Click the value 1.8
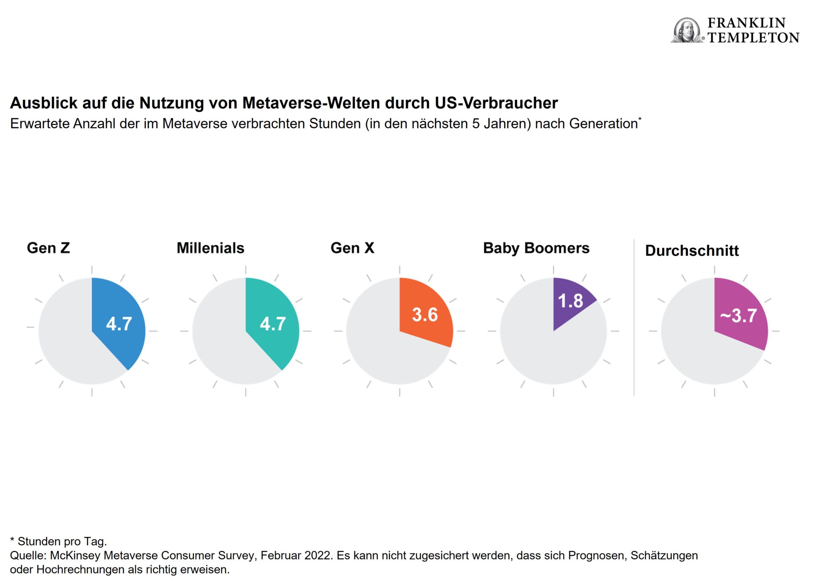pyautogui.click(x=570, y=301)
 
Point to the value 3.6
pyautogui.click(x=425, y=315)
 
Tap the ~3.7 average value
pyautogui.click(x=739, y=316)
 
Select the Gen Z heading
pyautogui.click(x=48, y=248)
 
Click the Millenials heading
pyautogui.click(x=210, y=248)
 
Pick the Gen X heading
pyautogui.click(x=352, y=248)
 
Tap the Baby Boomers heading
pyautogui.click(x=536, y=248)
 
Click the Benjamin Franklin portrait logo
pyautogui.click(x=687, y=30)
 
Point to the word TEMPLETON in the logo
pyautogui.click(x=753, y=38)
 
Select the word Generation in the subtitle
pyautogui.click(x=603, y=124)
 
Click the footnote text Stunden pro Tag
pyautogui.click(x=62, y=541)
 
